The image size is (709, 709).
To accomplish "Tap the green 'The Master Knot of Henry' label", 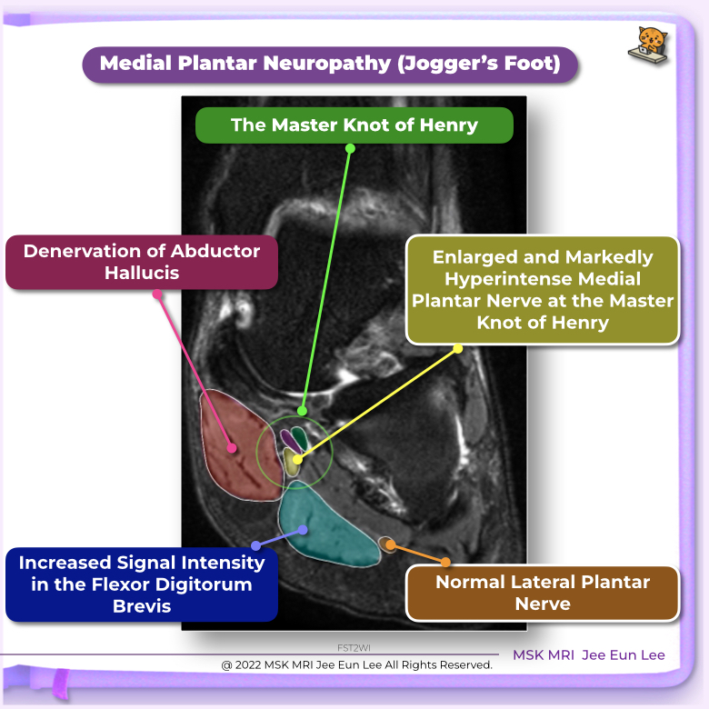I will tap(354, 125).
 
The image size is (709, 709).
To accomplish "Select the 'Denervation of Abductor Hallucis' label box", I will tap(142, 262).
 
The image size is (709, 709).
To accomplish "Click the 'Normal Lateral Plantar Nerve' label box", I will tap(542, 593).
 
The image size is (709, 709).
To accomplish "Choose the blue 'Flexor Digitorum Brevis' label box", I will tap(142, 584).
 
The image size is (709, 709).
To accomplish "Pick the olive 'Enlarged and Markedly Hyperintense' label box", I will tap(542, 290).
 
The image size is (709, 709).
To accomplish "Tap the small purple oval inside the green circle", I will tap(288, 438).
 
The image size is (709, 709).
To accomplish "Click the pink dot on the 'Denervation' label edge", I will tap(157, 294).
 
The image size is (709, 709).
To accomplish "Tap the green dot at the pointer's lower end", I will tap(302, 411).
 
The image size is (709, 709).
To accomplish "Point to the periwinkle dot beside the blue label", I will tap(255, 545).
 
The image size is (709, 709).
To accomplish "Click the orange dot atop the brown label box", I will tap(446, 563).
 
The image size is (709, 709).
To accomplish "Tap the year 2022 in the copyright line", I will tap(254, 664).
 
